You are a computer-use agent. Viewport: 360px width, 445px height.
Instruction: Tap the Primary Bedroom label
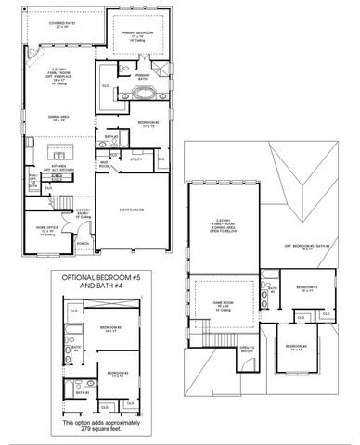coord(138,33)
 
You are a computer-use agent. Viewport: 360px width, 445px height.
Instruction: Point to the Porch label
coord(84,244)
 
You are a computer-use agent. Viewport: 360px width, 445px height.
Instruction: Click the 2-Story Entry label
coord(84,212)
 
